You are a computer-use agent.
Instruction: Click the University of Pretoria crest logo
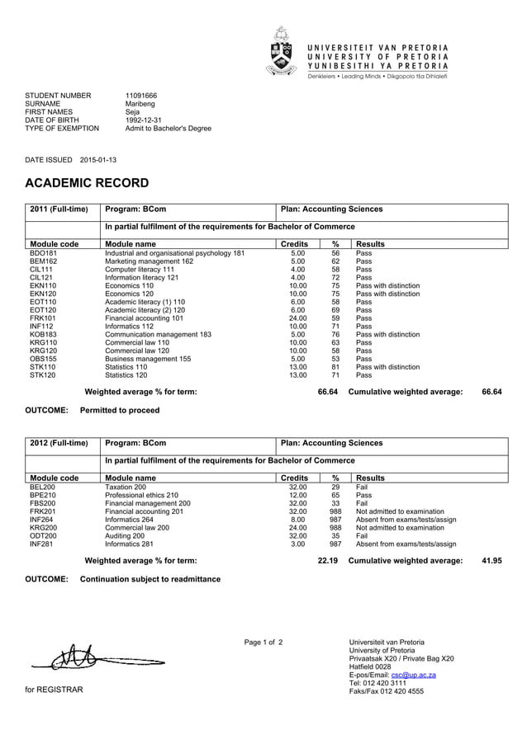tap(282, 51)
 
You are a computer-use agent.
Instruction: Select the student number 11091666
tap(141, 96)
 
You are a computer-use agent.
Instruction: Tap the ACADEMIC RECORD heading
tap(87, 183)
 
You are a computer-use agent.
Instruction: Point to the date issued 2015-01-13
tap(97, 159)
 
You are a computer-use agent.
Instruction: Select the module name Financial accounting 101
tap(145, 318)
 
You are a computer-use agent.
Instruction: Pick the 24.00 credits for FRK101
tap(297, 318)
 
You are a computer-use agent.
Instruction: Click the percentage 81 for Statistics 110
tap(335, 367)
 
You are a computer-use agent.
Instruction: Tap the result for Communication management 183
tap(387, 335)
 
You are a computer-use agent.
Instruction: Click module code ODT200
tap(44, 535)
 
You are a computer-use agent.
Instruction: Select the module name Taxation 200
tap(126, 487)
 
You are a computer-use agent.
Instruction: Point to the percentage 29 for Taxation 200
tap(335, 487)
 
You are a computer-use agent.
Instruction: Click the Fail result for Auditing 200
tap(361, 535)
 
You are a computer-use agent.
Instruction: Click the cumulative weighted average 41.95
tap(491, 561)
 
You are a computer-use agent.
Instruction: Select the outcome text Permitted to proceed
tap(120, 410)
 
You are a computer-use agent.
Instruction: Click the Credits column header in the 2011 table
tap(295, 244)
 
